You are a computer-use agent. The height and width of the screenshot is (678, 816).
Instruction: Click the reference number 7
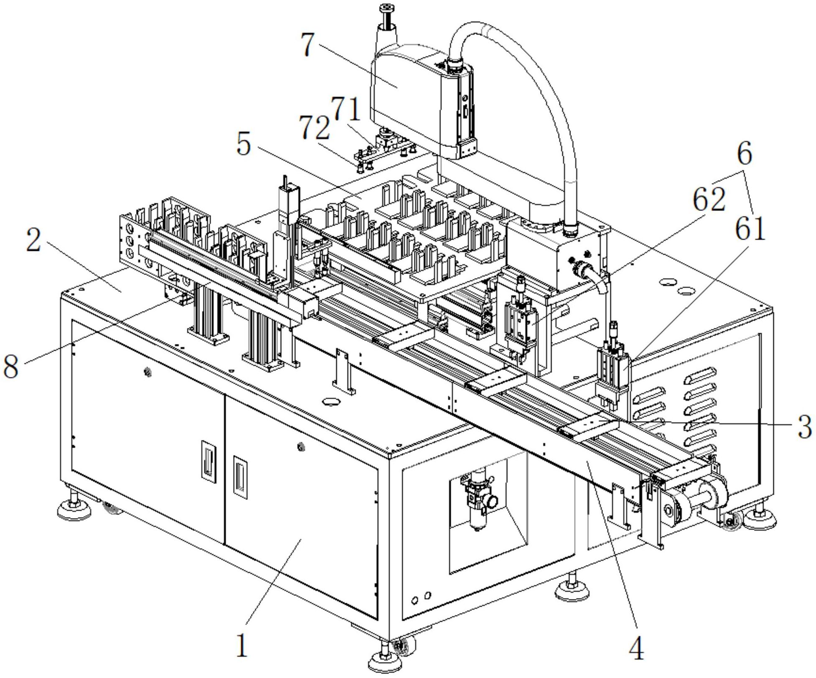click(308, 45)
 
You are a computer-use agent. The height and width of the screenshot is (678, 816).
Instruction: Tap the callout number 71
click(345, 110)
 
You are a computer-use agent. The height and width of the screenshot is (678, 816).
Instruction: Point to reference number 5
click(244, 144)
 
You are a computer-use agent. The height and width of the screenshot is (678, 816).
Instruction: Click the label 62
click(709, 199)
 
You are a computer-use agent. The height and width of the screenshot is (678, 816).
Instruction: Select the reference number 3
click(804, 427)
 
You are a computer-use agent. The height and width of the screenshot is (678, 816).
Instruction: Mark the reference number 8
click(11, 366)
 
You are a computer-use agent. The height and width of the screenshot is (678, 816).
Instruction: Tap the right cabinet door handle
click(239, 476)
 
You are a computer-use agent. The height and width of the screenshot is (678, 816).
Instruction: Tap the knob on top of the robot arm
click(389, 8)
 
